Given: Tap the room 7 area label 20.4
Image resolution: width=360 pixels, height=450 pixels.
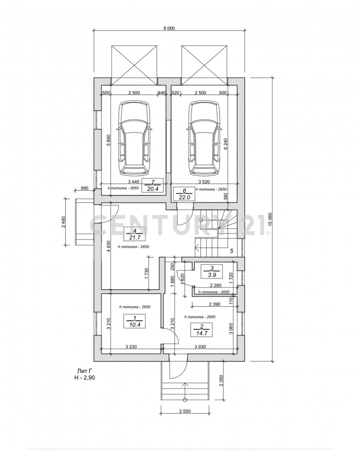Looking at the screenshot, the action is click(x=152, y=189).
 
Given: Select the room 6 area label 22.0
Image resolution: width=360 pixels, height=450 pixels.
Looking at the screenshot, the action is click(x=184, y=197).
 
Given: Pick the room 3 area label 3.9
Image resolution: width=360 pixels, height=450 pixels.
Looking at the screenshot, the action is click(x=212, y=275).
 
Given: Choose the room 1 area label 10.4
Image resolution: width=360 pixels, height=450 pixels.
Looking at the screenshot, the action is click(x=135, y=324).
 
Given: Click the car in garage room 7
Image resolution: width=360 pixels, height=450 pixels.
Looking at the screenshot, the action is click(x=134, y=138).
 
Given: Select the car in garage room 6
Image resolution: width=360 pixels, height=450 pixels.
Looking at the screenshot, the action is click(x=204, y=138).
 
